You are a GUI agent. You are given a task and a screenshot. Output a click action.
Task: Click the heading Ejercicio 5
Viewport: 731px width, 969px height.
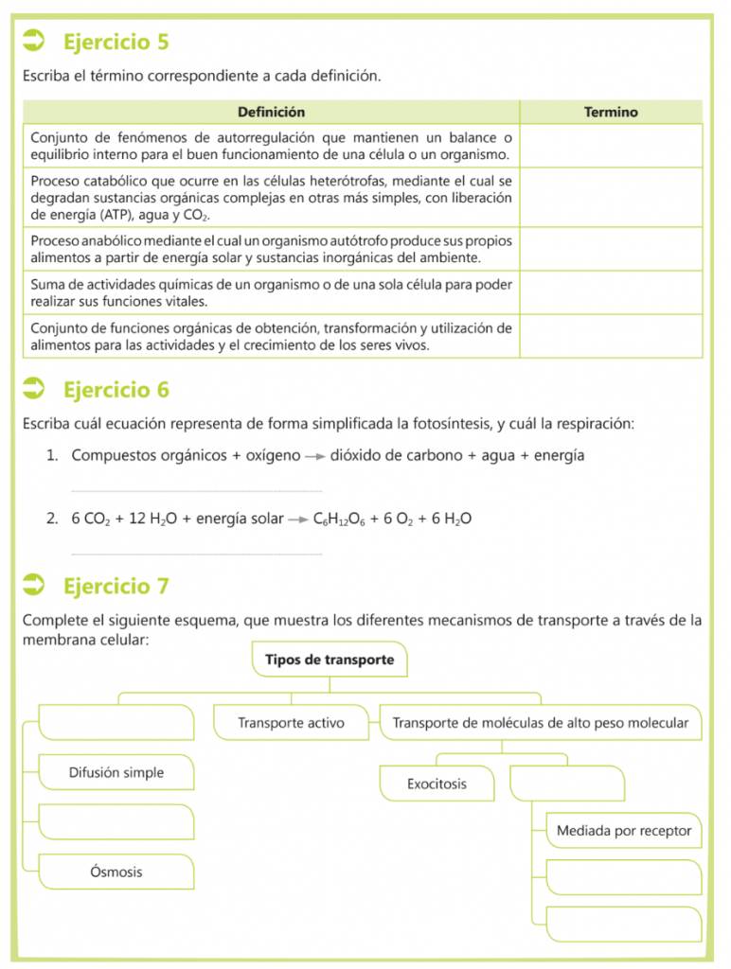point(116,43)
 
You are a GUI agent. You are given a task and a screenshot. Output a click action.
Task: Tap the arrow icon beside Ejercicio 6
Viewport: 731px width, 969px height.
point(35,388)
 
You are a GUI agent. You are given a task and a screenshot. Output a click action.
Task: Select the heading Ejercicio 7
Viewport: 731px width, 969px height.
point(116,587)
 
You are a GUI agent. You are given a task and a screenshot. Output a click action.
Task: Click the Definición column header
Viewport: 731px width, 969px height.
point(271,112)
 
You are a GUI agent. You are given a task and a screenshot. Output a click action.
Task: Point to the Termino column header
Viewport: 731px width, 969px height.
point(611,112)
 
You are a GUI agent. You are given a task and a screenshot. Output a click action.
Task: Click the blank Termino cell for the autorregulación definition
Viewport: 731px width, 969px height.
point(611,146)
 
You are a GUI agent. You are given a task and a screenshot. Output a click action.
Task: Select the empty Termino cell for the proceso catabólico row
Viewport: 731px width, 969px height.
point(611,198)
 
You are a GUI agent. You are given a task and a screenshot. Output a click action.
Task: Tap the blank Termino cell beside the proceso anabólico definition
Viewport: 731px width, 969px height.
point(611,249)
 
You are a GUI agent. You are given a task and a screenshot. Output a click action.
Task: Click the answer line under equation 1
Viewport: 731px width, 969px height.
point(197,490)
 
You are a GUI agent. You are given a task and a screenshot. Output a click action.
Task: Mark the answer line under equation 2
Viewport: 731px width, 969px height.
point(197,554)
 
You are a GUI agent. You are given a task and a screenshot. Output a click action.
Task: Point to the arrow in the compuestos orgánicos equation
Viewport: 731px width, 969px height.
point(315,456)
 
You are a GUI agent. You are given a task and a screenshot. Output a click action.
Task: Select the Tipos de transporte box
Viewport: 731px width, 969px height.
point(330,660)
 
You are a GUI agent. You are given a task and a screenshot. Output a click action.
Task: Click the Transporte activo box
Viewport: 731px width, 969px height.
point(291,723)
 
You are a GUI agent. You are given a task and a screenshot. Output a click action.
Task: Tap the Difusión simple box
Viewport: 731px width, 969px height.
point(116,772)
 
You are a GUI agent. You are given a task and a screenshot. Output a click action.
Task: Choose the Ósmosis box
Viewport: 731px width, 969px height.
point(116,871)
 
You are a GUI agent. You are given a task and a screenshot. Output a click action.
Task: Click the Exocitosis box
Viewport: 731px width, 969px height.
point(437,784)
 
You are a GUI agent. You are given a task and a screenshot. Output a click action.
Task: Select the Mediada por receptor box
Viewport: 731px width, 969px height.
point(623,831)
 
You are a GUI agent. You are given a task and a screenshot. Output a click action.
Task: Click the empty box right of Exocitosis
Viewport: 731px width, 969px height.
point(567,784)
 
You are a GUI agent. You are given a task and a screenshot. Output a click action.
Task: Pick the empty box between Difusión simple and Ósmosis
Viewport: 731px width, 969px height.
point(116,821)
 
